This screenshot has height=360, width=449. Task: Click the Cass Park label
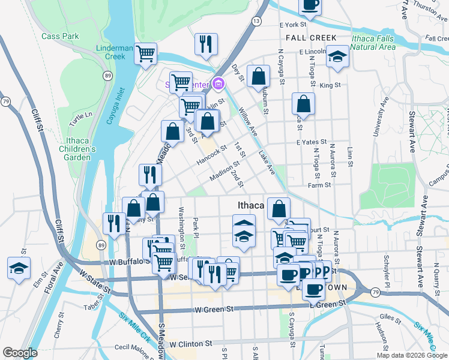coord(60,36)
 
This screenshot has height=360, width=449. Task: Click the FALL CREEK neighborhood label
coord(311,37)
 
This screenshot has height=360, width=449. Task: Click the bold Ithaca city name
coord(251,205)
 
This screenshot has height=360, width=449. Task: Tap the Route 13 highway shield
coord(256,21)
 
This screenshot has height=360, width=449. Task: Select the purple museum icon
coord(219,83)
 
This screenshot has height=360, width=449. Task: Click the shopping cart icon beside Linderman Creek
coord(146,53)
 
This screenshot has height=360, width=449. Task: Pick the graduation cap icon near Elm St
coord(19,267)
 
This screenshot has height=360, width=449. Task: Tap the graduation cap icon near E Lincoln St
coord(337,56)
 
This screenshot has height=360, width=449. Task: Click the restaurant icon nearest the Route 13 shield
coord(206,43)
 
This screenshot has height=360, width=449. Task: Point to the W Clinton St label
coord(191,344)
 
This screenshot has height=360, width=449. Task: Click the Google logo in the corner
coord(20,353)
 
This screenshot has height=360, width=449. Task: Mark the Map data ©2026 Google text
coord(411,355)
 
